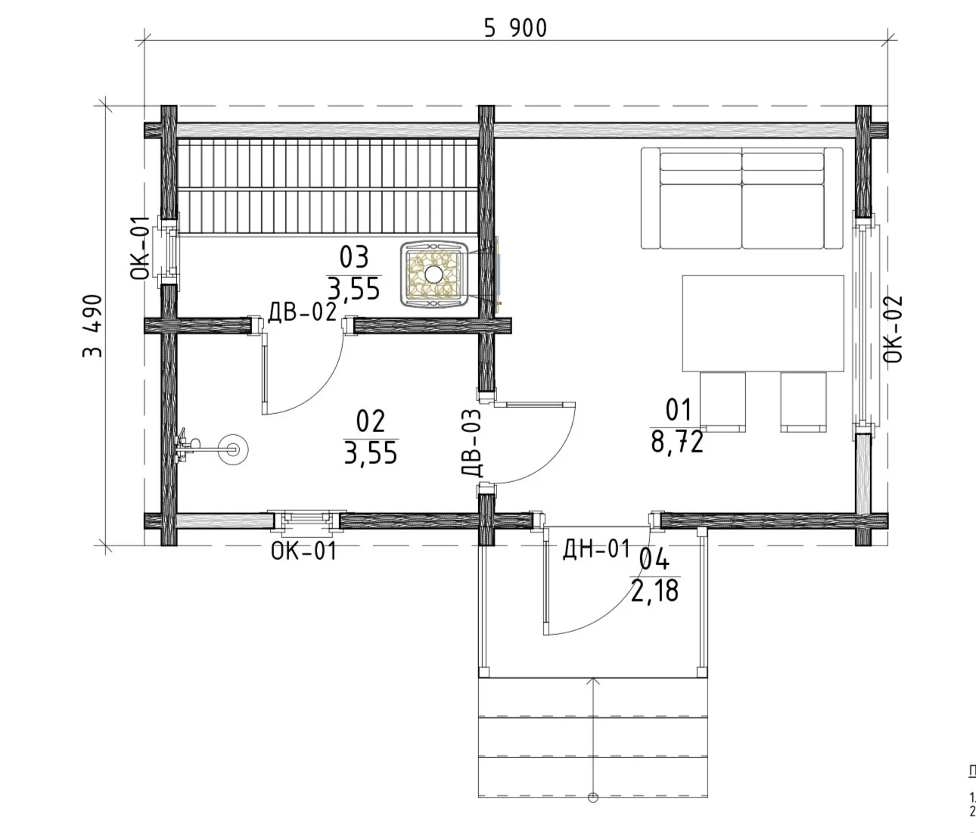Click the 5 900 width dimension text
pyautogui.click(x=516, y=28)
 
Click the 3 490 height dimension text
pyautogui.click(x=92, y=326)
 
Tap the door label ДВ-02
pyautogui.click(x=302, y=312)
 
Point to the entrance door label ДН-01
pyautogui.click(x=596, y=549)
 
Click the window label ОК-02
pyautogui.click(x=893, y=329)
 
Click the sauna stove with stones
pyautogui.click(x=434, y=274)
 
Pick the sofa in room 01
pyautogui.click(x=741, y=198)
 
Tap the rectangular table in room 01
pyautogui.click(x=763, y=324)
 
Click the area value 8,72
pyautogui.click(x=677, y=443)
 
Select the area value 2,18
pyautogui.click(x=655, y=591)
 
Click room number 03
pyautogui.click(x=353, y=257)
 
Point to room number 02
pyautogui.click(x=371, y=421)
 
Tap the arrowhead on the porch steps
pyautogui.click(x=593, y=681)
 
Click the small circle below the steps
pyautogui.click(x=593, y=797)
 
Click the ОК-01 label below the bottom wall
pyautogui.click(x=303, y=551)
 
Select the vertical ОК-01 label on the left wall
pyautogui.click(x=140, y=248)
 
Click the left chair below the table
pyautogui.click(x=723, y=402)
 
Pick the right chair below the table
pyautogui.click(x=803, y=402)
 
